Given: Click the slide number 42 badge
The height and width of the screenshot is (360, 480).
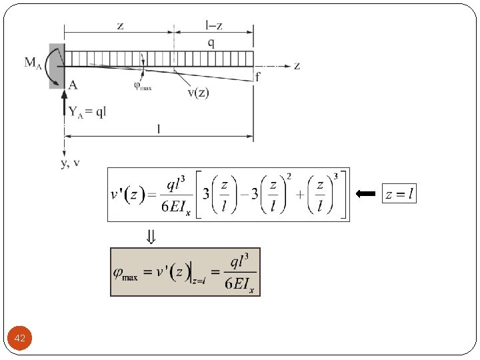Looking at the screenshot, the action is [20, 339].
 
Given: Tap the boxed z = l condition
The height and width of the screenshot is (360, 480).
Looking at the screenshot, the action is [399, 194].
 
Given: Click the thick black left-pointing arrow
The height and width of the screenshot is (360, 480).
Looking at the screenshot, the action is [366, 194].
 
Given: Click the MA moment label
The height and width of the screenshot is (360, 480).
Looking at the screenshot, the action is [33, 63].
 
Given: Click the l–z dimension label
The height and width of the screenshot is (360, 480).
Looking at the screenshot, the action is [213, 25].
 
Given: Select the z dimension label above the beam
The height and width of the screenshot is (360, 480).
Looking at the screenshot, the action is [119, 25].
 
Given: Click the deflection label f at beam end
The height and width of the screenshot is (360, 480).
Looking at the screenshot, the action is [258, 77].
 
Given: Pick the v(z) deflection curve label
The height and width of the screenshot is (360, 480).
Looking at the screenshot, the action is [198, 92].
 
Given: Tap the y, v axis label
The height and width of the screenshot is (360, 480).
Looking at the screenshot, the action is [70, 163].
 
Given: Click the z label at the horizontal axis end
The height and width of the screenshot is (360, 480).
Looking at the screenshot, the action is [297, 65].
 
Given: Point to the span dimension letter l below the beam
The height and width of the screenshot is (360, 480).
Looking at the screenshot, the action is [158, 129].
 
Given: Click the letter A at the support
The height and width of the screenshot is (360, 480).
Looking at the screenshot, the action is [73, 84].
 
